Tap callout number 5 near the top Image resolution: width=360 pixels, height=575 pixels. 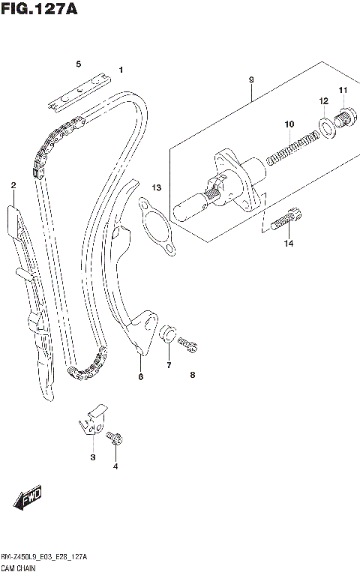pyautogui.click(x=78, y=65)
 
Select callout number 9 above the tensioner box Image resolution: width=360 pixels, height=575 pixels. pyautogui.click(x=251, y=79)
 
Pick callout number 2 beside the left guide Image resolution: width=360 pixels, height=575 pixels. pyautogui.click(x=13, y=185)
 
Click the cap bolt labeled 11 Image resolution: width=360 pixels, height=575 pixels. pyautogui.click(x=345, y=118)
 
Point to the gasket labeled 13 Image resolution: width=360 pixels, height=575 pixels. pyautogui.click(x=158, y=225)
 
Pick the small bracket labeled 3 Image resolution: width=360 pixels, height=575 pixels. pyautogui.click(x=94, y=420)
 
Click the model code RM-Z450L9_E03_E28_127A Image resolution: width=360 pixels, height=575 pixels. pyautogui.click(x=44, y=557)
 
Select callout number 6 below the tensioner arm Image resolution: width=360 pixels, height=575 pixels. pyautogui.click(x=139, y=376)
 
